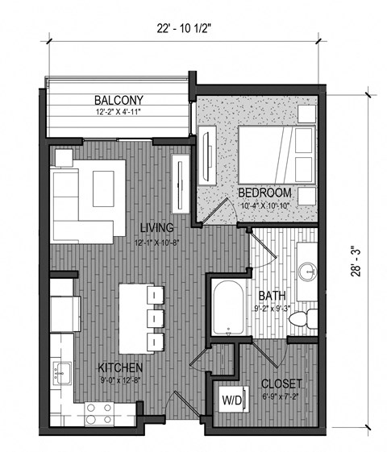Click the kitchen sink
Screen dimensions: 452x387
click(x=61, y=372)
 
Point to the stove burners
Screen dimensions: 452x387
click(x=98, y=412)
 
